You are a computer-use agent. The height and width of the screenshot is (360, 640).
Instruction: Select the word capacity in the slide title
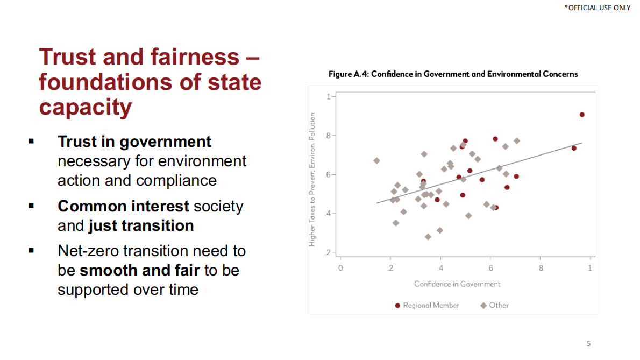[86, 107]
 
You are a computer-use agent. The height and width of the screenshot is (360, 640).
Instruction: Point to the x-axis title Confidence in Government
[457, 284]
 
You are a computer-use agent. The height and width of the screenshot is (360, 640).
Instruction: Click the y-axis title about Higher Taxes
[312, 180]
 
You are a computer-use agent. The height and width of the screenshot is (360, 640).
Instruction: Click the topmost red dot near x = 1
[582, 115]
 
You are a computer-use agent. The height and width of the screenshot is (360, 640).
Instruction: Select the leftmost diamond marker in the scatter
[376, 161]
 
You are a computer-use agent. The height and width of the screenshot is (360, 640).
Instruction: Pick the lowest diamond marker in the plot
[428, 237]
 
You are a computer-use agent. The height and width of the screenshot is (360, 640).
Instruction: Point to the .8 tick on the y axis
[328, 136]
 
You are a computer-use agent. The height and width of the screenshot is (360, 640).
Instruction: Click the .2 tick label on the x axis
[390, 268]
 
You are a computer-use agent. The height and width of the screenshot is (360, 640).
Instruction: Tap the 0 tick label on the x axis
[340, 268]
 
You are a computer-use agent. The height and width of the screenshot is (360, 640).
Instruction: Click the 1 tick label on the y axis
[328, 97]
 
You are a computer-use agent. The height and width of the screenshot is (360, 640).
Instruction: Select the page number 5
[588, 343]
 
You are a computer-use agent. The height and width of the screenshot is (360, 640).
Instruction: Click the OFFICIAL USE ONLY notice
[597, 8]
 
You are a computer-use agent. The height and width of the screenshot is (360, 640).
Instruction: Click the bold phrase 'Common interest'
[123, 207]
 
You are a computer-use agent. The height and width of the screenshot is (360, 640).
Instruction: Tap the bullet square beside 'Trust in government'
[31, 142]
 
